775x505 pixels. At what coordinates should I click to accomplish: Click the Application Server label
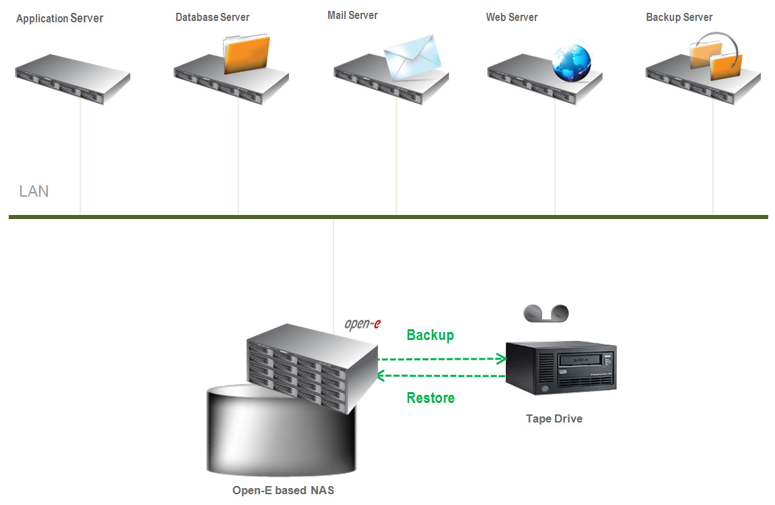[x=60, y=18]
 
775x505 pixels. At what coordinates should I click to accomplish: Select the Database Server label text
[x=213, y=18]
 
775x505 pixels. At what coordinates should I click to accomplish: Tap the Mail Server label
[x=352, y=16]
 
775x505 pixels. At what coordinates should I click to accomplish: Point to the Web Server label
[x=512, y=18]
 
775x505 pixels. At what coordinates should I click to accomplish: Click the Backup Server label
[x=679, y=18]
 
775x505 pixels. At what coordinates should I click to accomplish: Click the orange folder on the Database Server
[x=246, y=53]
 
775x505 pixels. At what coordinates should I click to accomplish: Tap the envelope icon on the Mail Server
[x=412, y=57]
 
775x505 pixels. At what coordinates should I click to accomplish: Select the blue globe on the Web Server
[x=572, y=62]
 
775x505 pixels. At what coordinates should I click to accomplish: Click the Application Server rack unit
[x=73, y=79]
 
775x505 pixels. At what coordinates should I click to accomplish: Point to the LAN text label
[x=34, y=191]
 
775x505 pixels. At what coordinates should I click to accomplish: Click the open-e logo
[x=363, y=324]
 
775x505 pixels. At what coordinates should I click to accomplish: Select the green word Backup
[x=430, y=335]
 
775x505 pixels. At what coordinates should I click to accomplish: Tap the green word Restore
[x=431, y=398]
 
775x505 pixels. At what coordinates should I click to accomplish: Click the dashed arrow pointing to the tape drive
[x=442, y=359]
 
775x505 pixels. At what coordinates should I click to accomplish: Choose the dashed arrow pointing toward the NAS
[x=441, y=376]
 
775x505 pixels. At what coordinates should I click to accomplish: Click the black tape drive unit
[x=561, y=368]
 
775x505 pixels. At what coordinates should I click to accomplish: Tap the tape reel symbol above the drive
[x=546, y=313]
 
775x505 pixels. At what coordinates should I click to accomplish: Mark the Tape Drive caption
[x=554, y=419]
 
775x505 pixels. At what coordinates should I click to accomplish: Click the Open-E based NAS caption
[x=284, y=490]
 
